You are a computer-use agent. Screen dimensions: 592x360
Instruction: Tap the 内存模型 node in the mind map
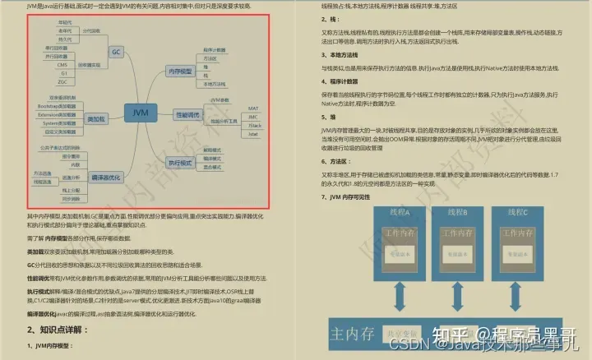click(x=180, y=72)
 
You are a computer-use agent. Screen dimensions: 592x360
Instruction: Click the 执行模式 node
click(x=180, y=162)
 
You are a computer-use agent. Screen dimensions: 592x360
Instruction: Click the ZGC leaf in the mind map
click(x=62, y=82)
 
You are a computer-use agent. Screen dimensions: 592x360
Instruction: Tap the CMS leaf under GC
click(x=62, y=63)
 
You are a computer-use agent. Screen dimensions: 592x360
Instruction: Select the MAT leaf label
click(x=253, y=108)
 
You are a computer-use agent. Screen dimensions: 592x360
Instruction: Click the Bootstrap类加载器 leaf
click(x=58, y=107)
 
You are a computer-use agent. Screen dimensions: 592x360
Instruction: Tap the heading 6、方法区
click(x=323, y=163)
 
